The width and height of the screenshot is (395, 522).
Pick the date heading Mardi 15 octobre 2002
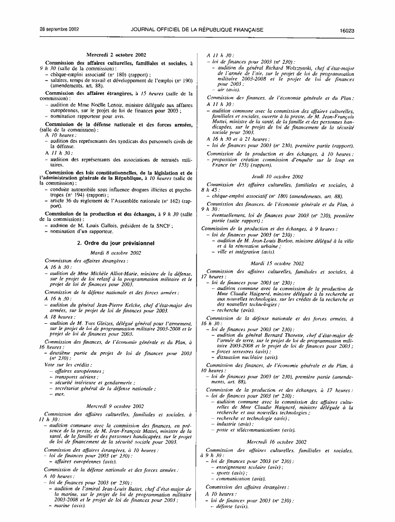tap(277, 263)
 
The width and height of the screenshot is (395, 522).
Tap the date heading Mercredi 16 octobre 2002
tap(277, 441)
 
